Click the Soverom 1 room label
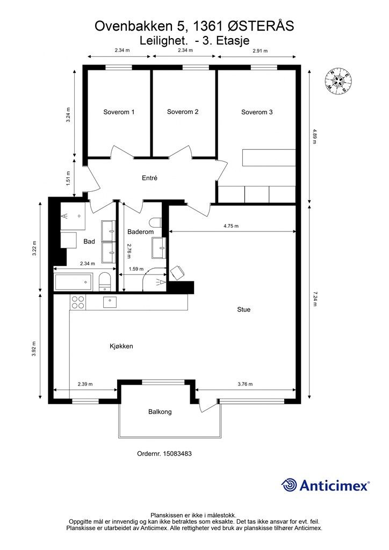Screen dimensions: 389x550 pos(119,112)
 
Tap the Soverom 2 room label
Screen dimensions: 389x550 pos(183,112)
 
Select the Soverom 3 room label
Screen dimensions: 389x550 pos(257,112)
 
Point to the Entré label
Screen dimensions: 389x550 pos(149,178)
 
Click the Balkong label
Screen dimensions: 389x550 pos(160,412)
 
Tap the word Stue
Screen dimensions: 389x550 pos(244,309)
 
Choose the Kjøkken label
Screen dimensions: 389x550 pos(121,346)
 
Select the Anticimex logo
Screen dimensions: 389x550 pos(325,486)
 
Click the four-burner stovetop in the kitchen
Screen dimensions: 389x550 pos(78,302)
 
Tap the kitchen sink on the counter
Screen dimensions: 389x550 pos(110,302)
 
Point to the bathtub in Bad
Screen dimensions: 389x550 pos(74,282)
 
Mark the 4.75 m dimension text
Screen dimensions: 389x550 pos(231,226)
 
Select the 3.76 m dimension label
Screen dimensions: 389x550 pos(245,383)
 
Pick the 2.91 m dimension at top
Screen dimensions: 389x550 pos(260,50)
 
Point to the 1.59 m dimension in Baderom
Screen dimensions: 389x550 pos(136,269)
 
